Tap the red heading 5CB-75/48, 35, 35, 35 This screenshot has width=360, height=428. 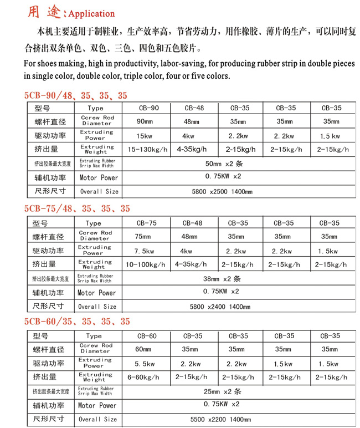pos(77,208)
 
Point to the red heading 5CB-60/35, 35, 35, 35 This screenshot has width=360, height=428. pos(77,321)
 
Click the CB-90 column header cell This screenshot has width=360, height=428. pos(148,108)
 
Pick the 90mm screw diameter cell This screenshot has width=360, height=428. pos(145,121)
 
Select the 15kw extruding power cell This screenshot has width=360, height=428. pos(145,135)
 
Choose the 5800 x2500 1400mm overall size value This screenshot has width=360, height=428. pos(221,192)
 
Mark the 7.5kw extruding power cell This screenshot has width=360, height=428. pos(144,250)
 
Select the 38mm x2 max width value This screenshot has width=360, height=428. pos(220,278)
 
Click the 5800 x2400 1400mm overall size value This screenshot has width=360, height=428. pos(220,306)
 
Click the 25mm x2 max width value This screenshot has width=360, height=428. pos(220,391)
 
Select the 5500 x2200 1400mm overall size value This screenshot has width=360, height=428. pos(220,419)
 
